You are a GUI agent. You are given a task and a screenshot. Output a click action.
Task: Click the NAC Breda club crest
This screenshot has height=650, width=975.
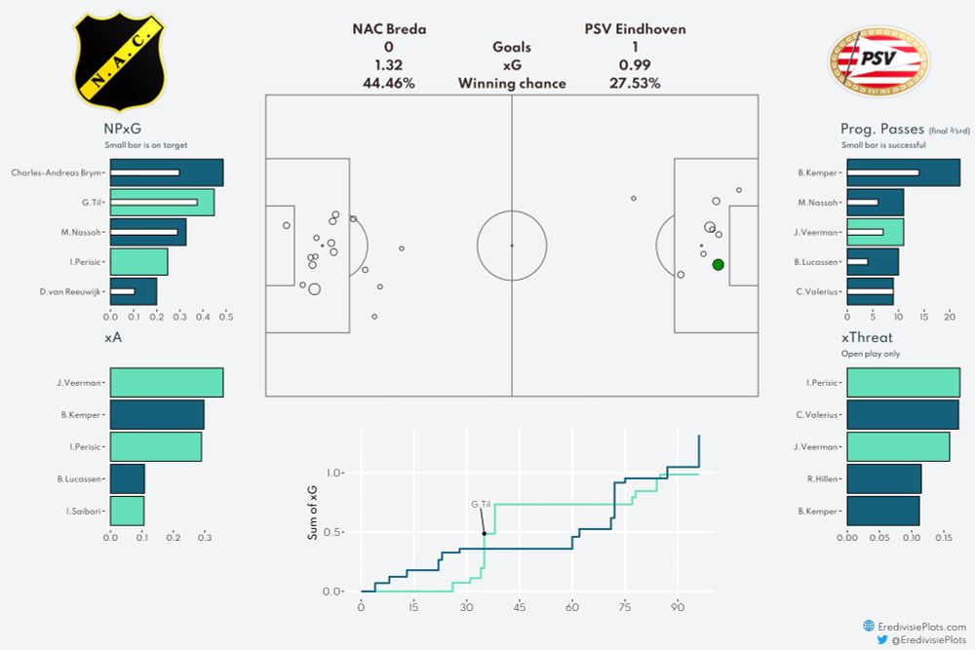coord(121,60)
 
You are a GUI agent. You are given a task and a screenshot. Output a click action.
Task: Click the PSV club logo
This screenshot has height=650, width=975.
coord(879,61)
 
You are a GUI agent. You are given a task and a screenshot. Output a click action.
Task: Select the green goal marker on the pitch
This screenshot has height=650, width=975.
coord(719,264)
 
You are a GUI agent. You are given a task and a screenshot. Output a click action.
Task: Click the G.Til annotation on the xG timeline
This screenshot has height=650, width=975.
coord(481,504)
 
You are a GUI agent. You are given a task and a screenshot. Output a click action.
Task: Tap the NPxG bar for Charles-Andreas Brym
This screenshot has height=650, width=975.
coord(167,172)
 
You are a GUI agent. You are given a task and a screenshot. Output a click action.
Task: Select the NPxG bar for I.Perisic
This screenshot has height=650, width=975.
coord(138,261)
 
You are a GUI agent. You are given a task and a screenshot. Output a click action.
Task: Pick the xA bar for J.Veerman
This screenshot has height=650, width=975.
coord(167,382)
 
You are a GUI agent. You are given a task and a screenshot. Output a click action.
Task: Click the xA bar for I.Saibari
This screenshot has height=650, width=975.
coord(127,511)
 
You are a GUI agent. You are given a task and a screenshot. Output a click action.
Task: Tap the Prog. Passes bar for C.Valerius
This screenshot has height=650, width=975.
coord(870,291)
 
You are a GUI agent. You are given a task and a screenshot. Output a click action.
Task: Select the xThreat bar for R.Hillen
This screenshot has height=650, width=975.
coord(884,478)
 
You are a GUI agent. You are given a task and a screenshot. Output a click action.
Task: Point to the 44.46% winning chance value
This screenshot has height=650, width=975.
coord(388,84)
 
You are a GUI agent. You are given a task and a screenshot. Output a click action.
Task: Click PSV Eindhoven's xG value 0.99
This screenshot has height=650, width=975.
coord(635,65)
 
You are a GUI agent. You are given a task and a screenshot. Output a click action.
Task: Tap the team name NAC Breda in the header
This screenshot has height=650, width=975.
coord(389,29)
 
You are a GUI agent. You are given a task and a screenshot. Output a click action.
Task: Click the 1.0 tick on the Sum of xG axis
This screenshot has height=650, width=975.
coord(335,473)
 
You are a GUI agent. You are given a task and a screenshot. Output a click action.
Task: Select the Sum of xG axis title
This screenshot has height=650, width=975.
coord(313,515)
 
